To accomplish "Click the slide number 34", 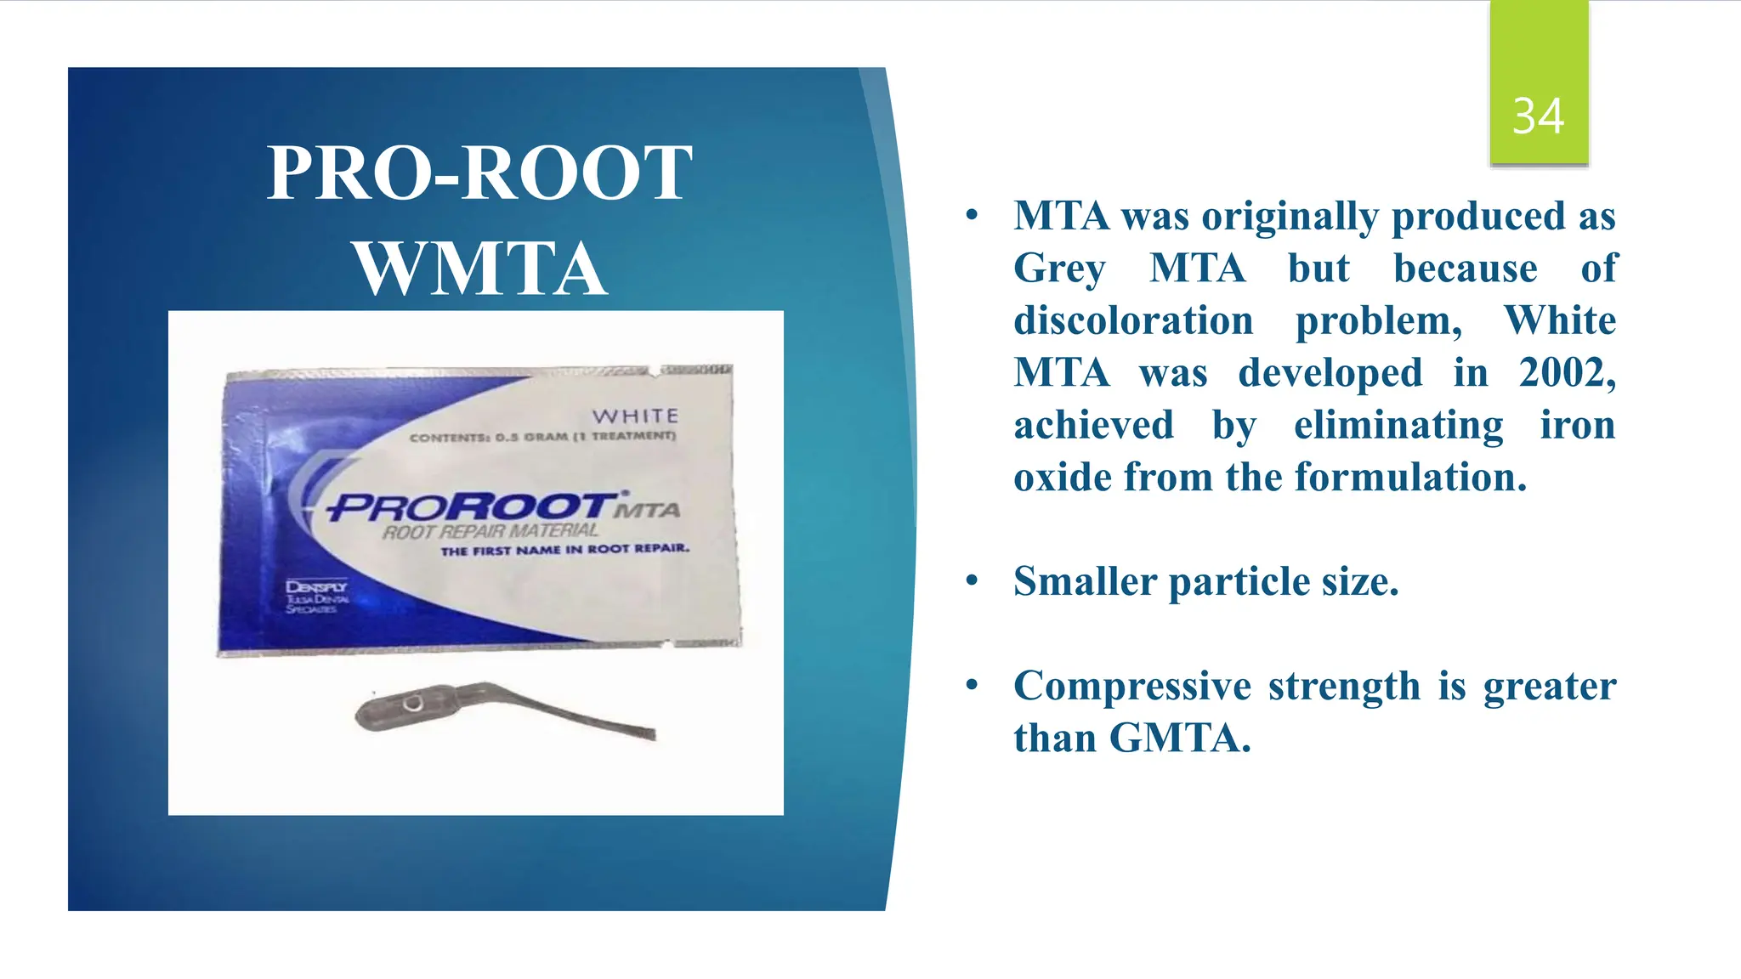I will coord(1538,116).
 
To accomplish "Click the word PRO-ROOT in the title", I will coord(479,173).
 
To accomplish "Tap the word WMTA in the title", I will coord(480,269).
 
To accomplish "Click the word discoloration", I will coord(1133,321).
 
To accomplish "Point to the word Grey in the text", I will coord(1059,269).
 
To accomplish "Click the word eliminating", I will coord(1398,425).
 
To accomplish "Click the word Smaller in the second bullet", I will coord(1085,582).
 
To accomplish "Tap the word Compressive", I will coord(1131,686).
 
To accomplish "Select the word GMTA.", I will coord(1179,738).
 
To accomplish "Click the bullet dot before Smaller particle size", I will coord(972,581).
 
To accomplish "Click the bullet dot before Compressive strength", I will coord(972,685).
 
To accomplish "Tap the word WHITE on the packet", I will coord(635,416).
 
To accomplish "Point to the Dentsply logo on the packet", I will coord(316,597).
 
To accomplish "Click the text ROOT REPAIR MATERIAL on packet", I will coord(491,532).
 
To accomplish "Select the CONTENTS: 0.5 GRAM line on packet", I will coord(542,437).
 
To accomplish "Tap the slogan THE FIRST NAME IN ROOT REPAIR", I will coord(564,550).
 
